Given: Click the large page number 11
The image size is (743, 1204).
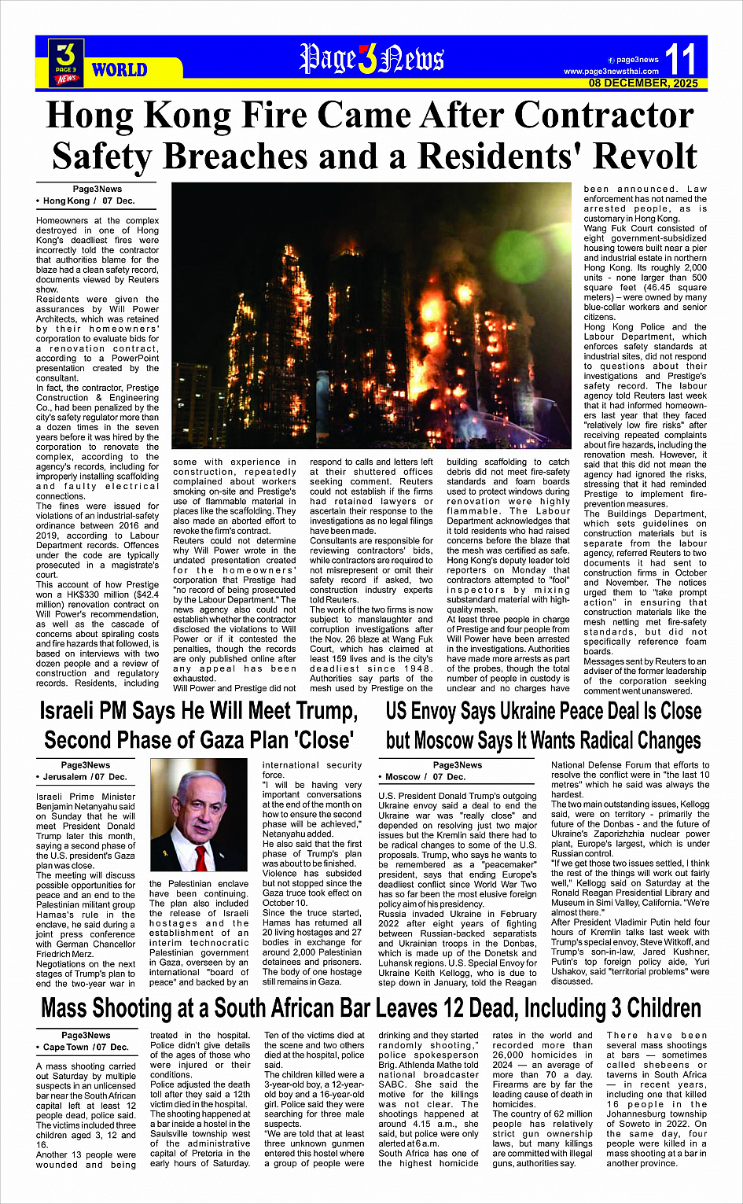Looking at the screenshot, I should (680, 60).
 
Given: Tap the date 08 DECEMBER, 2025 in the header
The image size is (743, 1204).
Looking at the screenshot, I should (643, 83).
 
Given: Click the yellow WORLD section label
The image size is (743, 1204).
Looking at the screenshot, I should (120, 70).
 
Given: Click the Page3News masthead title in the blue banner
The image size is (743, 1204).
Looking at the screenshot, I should (371, 60).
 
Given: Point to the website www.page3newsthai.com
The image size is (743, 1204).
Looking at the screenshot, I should (611, 72).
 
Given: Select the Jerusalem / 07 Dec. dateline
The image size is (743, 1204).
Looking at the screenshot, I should (86, 777).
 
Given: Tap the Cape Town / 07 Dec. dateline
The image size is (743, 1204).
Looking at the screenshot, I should (86, 1048).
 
